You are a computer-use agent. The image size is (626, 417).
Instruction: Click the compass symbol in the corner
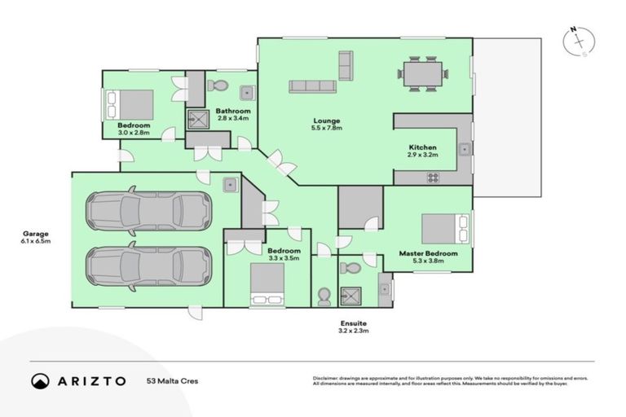coord(580,42)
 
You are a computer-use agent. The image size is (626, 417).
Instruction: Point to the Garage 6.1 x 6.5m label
coord(34,236)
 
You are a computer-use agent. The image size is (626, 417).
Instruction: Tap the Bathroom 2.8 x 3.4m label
coord(233,115)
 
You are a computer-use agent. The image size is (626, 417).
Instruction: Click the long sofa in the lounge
coord(312,86)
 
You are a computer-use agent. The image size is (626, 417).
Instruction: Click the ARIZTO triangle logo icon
coord(39,380)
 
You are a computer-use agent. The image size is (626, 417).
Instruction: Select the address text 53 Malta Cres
coord(172,380)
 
